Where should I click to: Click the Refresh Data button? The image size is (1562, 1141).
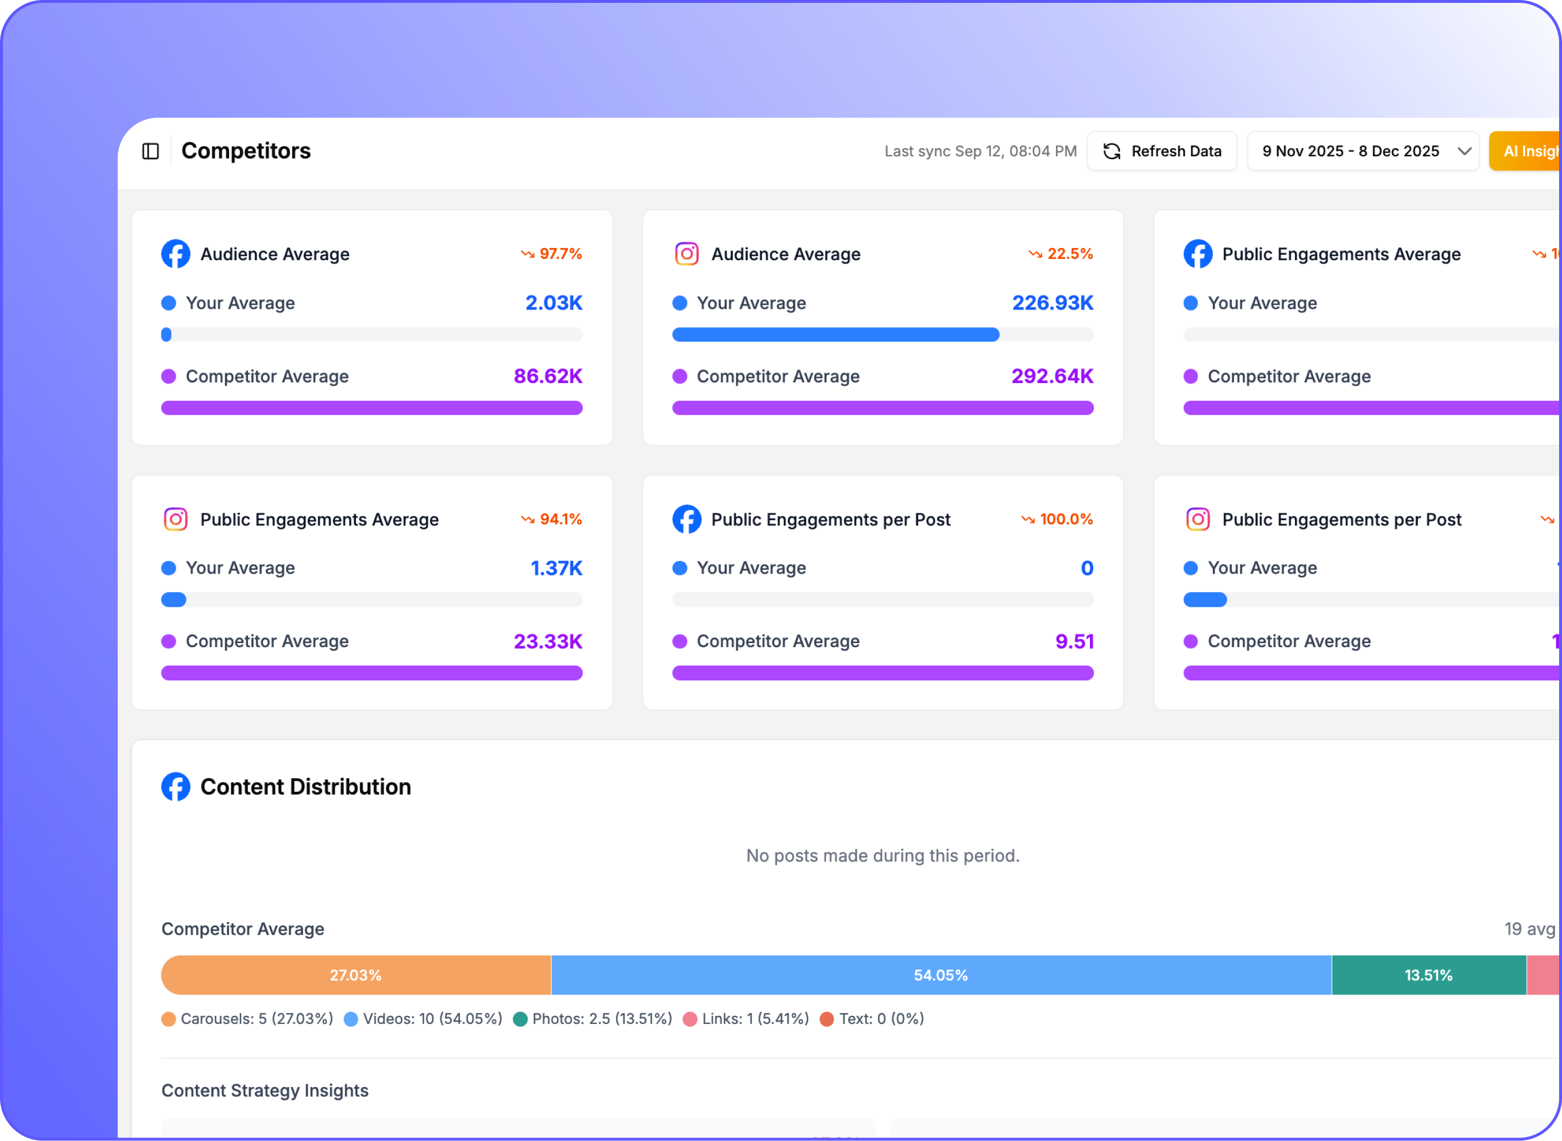[1162, 151]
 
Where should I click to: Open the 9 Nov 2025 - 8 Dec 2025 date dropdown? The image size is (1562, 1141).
[1362, 151]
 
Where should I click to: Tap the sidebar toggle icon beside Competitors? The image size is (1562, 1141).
[150, 151]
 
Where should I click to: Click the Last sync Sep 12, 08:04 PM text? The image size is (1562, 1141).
[980, 151]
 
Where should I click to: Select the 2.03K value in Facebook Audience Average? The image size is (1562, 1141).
[553, 303]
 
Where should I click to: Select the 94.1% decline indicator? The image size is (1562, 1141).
[551, 519]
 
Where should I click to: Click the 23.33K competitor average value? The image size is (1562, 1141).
[548, 641]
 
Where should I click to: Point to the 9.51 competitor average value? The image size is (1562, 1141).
[1074, 641]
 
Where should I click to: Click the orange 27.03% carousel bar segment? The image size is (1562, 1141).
[355, 974]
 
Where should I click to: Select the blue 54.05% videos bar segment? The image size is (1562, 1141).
[941, 974]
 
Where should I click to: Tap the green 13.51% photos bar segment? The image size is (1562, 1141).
[1428, 974]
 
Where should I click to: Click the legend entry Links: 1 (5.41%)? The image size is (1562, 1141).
[746, 1019]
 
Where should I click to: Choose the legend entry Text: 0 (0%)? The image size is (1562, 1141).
[872, 1019]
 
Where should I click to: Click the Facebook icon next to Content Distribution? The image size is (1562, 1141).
[175, 787]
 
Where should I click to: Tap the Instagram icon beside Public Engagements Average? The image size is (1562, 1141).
[175, 519]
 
